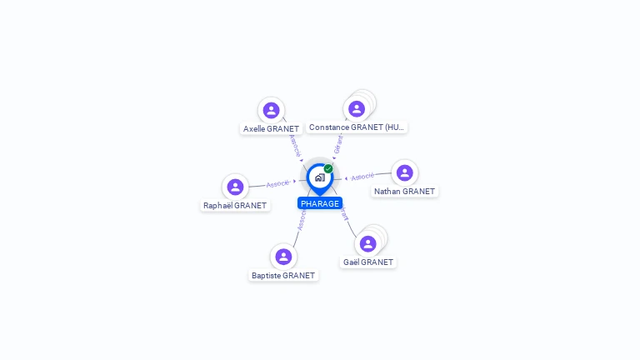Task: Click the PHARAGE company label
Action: [x=320, y=203]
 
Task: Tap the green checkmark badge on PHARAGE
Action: [x=328, y=168]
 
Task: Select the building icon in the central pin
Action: [x=319, y=177]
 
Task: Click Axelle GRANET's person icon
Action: [x=271, y=110]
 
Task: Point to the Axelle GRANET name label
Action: [x=271, y=129]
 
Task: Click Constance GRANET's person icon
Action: [x=357, y=108]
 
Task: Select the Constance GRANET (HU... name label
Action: [x=357, y=127]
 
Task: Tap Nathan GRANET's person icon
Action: [x=405, y=172]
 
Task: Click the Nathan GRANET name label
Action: [x=405, y=191]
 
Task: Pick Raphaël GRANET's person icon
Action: [x=235, y=187]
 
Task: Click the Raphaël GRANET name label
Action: [x=235, y=205]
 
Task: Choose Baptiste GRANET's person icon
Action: [x=283, y=257]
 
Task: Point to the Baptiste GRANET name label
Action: [x=283, y=275]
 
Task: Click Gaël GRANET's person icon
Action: [x=367, y=243]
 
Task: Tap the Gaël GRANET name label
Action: [x=367, y=262]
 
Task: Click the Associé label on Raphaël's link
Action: [x=277, y=183]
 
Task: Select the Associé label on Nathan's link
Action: [x=362, y=177]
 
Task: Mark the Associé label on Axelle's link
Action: [x=294, y=145]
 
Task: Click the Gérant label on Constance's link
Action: [x=337, y=143]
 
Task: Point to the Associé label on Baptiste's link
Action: [x=302, y=219]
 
